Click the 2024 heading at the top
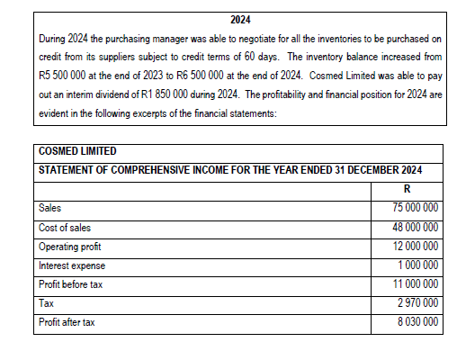click(x=240, y=19)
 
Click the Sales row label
click(x=50, y=208)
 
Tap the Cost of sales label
click(x=65, y=227)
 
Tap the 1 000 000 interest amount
click(x=418, y=265)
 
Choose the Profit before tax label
click(x=70, y=283)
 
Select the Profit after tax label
click(x=67, y=322)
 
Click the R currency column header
click(x=409, y=189)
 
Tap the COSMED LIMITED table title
click(x=80, y=150)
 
